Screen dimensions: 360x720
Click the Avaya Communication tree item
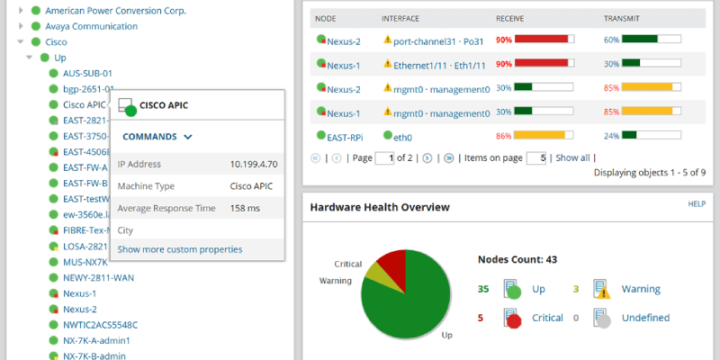coord(91,26)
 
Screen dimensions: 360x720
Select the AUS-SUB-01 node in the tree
coord(87,73)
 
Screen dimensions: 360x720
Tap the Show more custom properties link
coord(179,249)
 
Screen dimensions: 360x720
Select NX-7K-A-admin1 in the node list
coord(96,341)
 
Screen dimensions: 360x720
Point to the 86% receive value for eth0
coord(503,137)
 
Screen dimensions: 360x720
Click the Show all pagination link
coord(572,157)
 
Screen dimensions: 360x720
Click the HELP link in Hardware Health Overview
coord(696,204)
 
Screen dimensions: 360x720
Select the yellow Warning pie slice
coord(373,280)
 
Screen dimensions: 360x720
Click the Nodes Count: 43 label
coord(517,259)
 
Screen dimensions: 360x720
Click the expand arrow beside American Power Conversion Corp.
coord(21,11)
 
